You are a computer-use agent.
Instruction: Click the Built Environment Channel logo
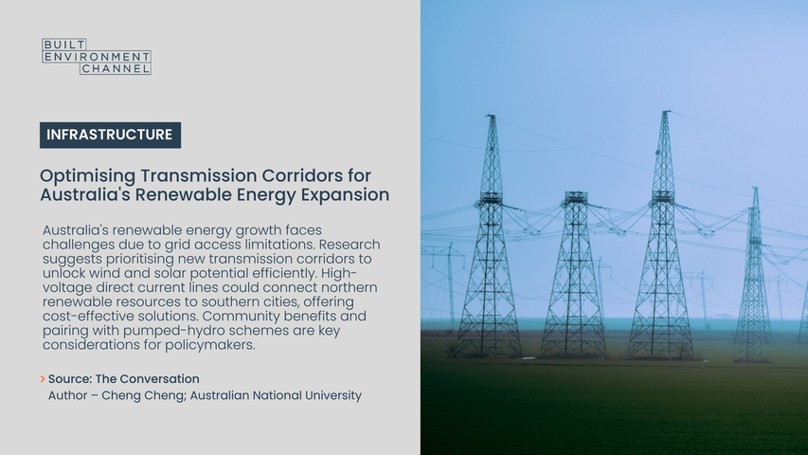(97, 56)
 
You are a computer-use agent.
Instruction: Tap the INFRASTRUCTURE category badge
(110, 136)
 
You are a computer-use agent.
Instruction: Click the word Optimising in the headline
(87, 176)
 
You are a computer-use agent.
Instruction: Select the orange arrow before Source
(43, 379)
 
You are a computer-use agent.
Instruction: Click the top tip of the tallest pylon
(666, 111)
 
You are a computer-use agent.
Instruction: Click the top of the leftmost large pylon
(491, 116)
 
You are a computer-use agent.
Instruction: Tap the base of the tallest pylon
(660, 356)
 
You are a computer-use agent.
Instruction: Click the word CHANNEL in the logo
(116, 68)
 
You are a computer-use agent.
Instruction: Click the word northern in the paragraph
(350, 287)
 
